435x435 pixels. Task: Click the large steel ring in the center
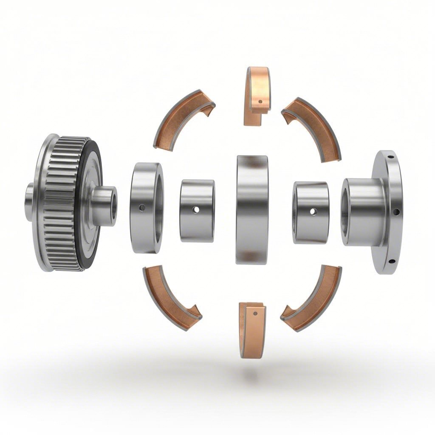coord(252,209)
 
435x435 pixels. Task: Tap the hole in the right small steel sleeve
coord(313,211)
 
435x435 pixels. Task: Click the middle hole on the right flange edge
coord(396,211)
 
